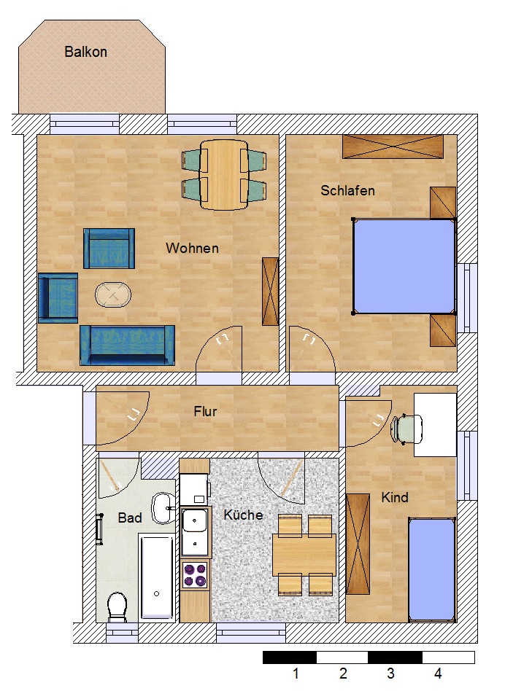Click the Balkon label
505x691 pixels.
85,52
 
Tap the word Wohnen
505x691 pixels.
193,248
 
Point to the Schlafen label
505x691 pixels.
347,191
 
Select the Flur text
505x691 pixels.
205,412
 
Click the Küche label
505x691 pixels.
243,515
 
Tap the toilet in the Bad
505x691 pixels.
117,607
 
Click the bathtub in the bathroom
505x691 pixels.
157,577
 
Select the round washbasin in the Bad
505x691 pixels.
163,508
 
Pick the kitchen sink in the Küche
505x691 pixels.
195,531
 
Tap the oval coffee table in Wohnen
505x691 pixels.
113,294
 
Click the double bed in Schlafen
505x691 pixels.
404,267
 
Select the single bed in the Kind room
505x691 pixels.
432,570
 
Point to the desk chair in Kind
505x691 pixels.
406,428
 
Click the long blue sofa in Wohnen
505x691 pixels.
128,345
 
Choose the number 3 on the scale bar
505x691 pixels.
390,674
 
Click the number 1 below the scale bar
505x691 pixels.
296,674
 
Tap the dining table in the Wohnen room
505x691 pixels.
223,175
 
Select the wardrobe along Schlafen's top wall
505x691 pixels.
393,147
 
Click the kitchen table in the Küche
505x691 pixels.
304,555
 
